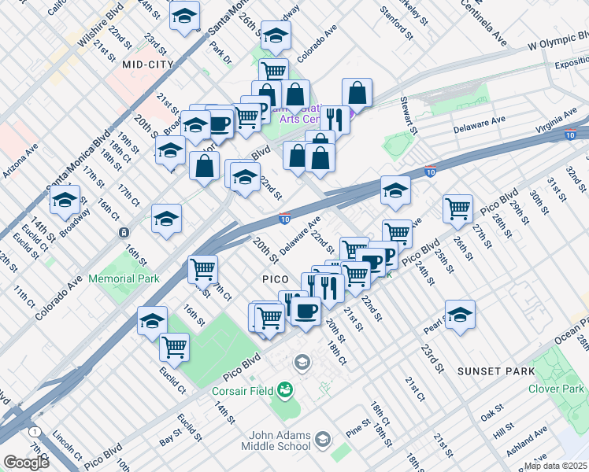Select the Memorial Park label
point(124,278)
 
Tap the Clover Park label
point(556,389)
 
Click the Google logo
point(26,463)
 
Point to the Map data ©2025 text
point(555,466)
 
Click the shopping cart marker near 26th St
point(457,209)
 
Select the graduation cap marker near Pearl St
point(460,314)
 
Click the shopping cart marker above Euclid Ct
point(174,346)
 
